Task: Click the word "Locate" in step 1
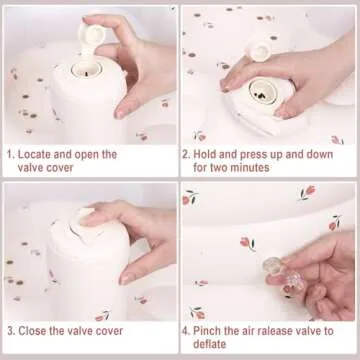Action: (34, 155)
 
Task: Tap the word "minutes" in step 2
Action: (247, 167)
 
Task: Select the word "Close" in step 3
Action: (32, 331)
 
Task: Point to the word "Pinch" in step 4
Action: (207, 331)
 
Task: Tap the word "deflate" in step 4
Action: (210, 344)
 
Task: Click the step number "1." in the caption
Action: (11, 155)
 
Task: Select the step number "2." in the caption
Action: (186, 155)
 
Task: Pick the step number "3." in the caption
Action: (11, 331)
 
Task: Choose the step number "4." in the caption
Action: (186, 331)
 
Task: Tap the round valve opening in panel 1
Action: (87, 69)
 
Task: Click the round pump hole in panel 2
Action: (263, 92)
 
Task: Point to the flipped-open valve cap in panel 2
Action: (259, 51)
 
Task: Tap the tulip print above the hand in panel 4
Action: (247, 243)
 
